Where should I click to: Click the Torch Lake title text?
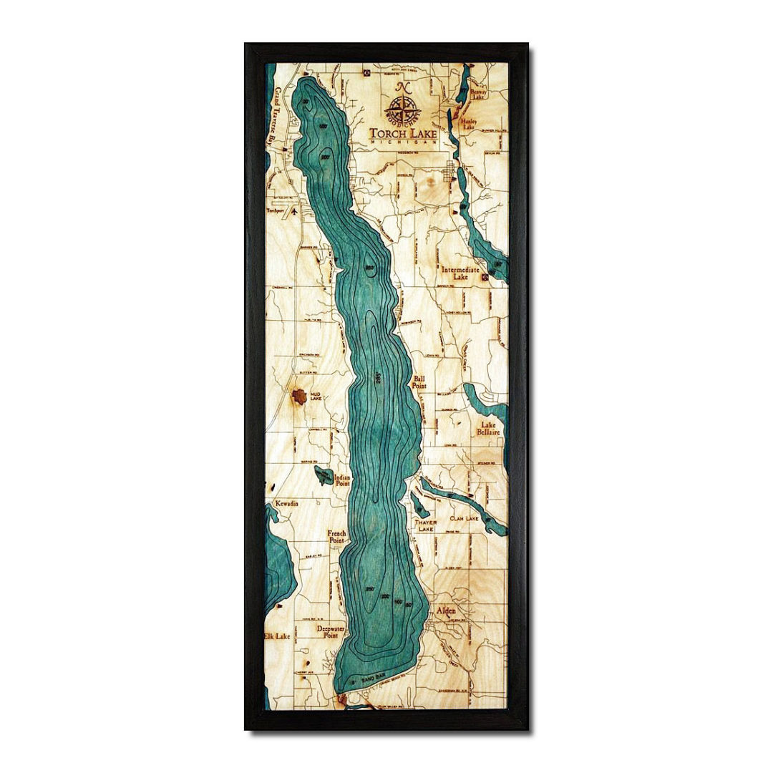click(403, 132)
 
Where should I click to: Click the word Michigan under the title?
click(403, 143)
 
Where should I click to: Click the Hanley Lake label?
click(470, 125)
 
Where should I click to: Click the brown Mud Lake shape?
click(298, 396)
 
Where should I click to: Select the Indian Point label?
click(342, 480)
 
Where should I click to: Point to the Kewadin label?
click(285, 503)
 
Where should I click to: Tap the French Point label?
click(336, 538)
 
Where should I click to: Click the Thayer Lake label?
click(425, 526)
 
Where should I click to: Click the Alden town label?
click(446, 611)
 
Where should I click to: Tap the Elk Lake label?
click(277, 636)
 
